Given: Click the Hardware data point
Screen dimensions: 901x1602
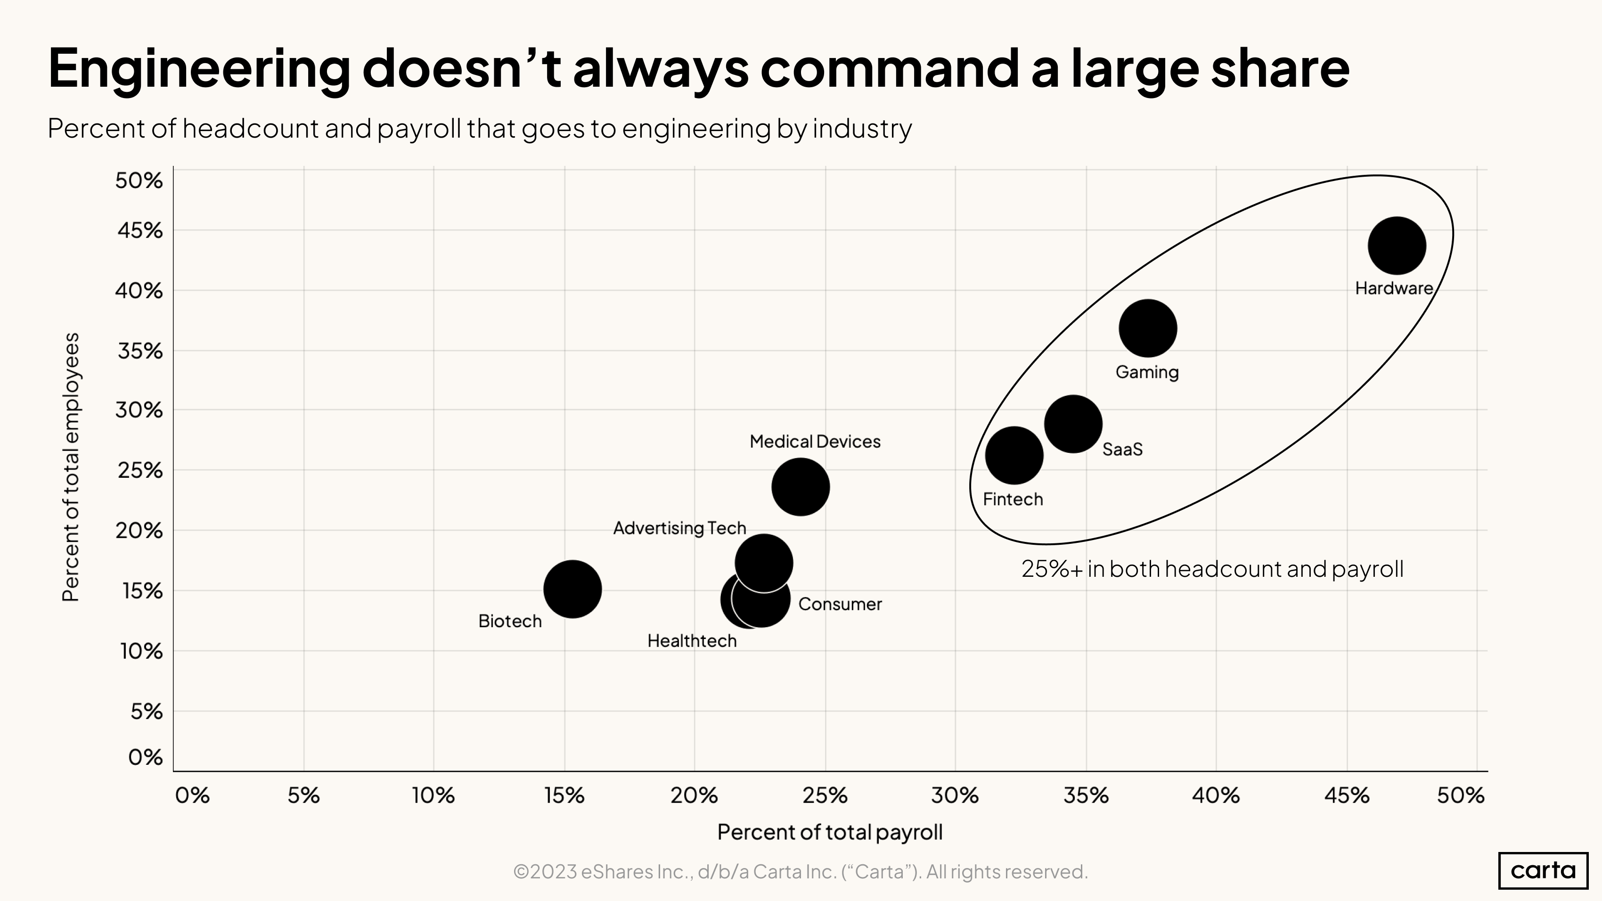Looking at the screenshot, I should click(1397, 246).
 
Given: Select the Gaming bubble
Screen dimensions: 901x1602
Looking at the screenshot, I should click(1147, 328).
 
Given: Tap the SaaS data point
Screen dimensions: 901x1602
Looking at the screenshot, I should click(1073, 424).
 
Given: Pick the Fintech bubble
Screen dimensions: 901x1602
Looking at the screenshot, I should click(1014, 456).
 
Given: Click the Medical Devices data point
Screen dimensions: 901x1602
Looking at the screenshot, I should click(801, 487).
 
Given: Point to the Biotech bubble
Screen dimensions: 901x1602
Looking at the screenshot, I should click(572, 589).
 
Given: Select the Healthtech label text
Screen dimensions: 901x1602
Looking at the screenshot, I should click(692, 641).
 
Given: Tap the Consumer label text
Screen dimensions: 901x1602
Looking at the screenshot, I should click(840, 605).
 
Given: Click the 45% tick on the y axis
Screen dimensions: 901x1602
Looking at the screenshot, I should click(140, 231).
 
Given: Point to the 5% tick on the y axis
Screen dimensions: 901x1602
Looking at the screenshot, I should click(146, 712).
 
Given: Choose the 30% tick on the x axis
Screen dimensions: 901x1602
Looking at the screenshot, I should click(955, 795).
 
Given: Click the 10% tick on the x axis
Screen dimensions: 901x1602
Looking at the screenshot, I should click(433, 795).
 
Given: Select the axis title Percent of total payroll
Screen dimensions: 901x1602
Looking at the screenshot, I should click(830, 832).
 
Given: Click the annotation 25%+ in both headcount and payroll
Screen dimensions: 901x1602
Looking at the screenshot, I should click(1212, 569).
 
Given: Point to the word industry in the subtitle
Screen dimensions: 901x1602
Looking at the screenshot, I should click(862, 129).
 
